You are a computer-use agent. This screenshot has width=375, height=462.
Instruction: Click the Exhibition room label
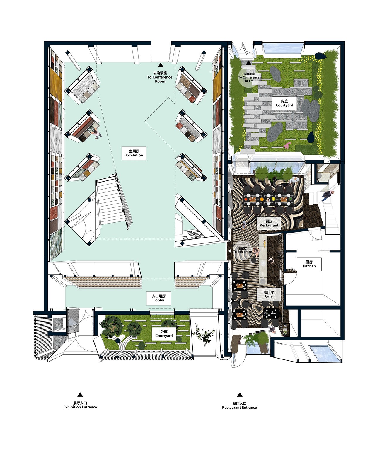tap(134, 153)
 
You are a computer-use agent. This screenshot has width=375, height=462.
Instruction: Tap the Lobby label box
tap(158, 298)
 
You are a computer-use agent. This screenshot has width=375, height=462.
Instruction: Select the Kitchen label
tap(309, 264)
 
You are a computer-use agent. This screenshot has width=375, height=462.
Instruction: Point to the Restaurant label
tap(269, 224)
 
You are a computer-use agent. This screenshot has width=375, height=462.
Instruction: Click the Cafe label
tap(269, 294)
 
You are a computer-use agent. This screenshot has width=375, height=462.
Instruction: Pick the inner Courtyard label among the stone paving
tap(284, 103)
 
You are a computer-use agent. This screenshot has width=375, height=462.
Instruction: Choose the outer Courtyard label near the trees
tap(164, 334)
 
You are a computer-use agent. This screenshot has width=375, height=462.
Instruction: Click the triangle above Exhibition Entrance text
tap(80, 395)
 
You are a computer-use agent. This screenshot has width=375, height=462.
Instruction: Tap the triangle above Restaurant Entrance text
tap(240, 395)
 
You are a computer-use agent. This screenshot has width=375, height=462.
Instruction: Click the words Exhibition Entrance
tap(80, 407)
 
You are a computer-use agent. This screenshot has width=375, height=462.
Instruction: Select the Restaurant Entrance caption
tap(239, 408)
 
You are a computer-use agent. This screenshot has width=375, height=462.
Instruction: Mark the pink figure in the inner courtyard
tap(287, 146)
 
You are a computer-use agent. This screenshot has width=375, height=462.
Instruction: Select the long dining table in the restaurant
tap(269, 199)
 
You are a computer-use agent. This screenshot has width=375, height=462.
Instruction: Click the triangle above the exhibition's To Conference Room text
tap(161, 65)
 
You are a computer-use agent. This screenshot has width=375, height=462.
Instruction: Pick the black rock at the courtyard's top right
tap(320, 56)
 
